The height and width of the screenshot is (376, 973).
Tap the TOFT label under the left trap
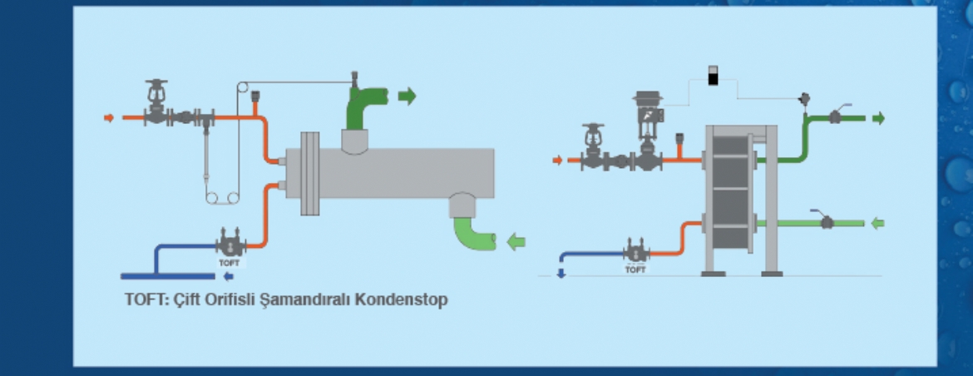229,263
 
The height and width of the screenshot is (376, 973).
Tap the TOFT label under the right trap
635,270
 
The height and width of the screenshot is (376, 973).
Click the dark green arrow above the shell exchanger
407,96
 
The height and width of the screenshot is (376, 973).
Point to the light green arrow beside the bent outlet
516,240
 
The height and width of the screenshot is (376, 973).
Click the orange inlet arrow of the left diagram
109,118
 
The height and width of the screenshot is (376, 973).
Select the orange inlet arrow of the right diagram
557,161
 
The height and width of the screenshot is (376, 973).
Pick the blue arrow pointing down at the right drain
561,273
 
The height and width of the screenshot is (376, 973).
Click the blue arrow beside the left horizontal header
229,277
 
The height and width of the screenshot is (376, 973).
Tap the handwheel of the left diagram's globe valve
156,82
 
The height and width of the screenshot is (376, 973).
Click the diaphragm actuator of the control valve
648,96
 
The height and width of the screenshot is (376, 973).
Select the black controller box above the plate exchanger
713,75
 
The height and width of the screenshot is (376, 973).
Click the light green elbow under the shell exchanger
473,232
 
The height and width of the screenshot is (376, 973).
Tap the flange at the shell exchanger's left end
309,173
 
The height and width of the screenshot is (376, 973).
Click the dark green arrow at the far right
878,118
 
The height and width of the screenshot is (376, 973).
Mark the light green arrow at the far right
877,223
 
